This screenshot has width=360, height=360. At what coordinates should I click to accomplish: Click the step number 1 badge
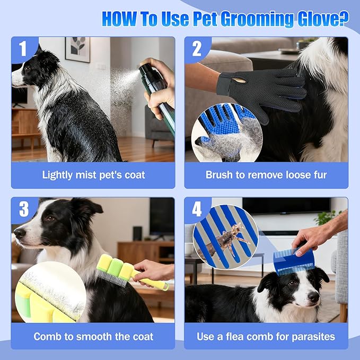[23, 49]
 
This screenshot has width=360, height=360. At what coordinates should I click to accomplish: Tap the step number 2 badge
[197, 49]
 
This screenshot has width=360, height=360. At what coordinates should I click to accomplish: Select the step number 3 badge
[24, 209]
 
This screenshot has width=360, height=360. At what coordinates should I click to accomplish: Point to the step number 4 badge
[197, 209]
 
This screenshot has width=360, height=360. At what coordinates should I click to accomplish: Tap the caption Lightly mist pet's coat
[93, 175]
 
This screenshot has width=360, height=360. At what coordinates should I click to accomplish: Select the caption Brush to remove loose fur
[266, 175]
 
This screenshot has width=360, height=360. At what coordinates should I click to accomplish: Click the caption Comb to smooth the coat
[93, 336]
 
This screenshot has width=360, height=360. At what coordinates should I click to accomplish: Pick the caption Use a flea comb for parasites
[266, 336]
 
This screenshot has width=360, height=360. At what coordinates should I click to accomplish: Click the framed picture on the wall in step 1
[77, 49]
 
